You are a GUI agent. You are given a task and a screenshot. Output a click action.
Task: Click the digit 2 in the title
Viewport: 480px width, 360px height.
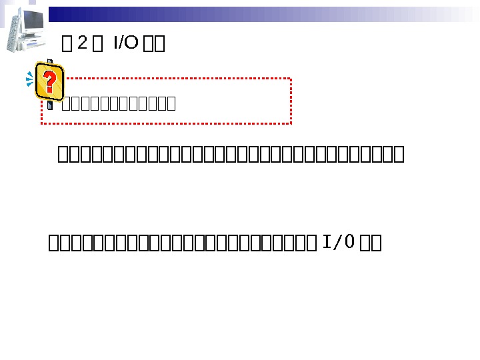tap(83, 43)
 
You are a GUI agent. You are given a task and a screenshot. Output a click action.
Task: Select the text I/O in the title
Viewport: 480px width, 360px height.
tap(125, 43)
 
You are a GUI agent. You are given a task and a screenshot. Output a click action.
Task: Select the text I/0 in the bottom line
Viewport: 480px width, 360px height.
tap(338, 242)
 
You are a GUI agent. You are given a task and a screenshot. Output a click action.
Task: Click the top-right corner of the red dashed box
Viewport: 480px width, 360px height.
tap(291, 79)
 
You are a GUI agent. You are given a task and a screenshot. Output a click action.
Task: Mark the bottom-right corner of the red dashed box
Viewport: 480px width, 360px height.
tap(291, 123)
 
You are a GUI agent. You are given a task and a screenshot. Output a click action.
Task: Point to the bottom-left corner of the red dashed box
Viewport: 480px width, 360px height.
tap(43, 123)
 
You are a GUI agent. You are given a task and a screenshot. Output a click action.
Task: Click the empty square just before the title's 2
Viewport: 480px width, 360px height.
tap(67, 45)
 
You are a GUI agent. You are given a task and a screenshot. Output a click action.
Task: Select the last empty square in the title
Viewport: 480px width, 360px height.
tap(159, 45)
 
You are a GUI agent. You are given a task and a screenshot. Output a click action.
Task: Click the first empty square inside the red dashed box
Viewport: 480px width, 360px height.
tap(65, 103)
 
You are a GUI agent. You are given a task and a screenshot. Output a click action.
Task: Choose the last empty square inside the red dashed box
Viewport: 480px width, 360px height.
tap(171, 103)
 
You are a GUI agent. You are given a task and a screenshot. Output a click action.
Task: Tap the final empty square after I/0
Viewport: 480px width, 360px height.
tap(375, 243)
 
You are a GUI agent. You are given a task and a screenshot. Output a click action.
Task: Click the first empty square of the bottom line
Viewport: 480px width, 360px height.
tap(54, 243)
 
